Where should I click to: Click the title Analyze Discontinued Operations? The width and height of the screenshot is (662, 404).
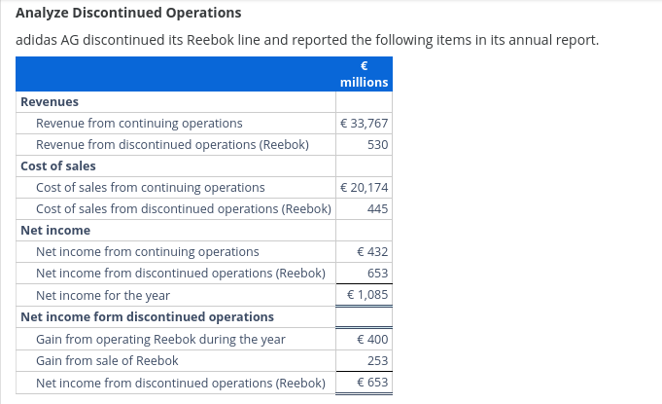point(128,14)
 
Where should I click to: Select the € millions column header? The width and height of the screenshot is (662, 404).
point(364,75)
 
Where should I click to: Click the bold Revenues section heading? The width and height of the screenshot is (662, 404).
point(50,101)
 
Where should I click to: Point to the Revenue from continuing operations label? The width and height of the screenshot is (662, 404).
point(139,124)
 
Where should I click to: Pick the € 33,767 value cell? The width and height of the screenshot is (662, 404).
point(365,124)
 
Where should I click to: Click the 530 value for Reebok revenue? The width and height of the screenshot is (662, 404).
point(378,145)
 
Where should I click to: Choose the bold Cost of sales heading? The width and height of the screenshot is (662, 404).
point(58,165)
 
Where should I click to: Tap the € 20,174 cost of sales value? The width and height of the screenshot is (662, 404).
point(365,187)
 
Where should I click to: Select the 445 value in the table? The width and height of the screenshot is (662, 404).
point(378,208)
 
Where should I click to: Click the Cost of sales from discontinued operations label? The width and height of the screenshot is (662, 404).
point(183,208)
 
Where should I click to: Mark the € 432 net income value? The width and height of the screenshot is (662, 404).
point(372,252)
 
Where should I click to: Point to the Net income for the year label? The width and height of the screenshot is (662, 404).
point(103,295)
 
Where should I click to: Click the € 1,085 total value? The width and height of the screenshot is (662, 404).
point(367,295)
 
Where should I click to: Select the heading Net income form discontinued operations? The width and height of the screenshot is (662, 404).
point(147,316)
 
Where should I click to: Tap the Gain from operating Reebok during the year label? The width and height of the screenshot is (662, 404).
point(160,340)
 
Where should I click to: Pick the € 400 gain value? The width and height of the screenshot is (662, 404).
point(372,340)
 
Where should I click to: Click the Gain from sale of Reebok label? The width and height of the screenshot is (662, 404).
point(107,361)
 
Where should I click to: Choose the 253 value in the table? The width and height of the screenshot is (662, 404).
point(378,361)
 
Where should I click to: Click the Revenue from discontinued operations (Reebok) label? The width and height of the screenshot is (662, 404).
point(172,145)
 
